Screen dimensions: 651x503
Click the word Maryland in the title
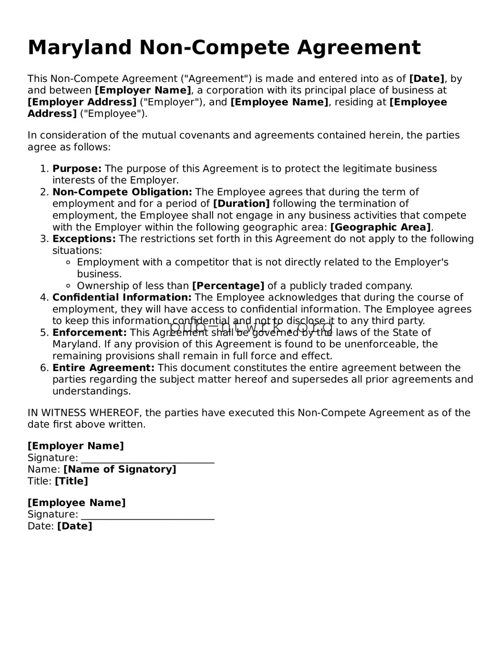pyautogui.click(x=80, y=48)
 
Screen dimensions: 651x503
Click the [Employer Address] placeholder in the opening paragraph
pyautogui.click(x=82, y=102)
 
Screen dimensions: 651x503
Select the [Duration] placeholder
pyautogui.click(x=241, y=204)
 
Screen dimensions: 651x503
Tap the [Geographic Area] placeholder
pyautogui.click(x=380, y=227)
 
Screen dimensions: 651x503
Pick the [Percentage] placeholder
pyautogui.click(x=228, y=286)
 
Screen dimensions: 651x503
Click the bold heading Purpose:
pyautogui.click(x=77, y=168)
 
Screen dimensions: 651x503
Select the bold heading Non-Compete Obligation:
pyautogui.click(x=122, y=192)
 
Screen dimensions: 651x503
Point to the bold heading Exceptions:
pyautogui.click(x=84, y=238)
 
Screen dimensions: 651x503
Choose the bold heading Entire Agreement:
pyautogui.click(x=103, y=368)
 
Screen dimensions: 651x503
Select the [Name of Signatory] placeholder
pyautogui.click(x=120, y=469)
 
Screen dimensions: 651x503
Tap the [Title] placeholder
pyautogui.click(x=72, y=481)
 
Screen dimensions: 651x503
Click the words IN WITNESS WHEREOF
pyautogui.click(x=84, y=413)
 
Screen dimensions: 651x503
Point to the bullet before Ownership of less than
pyautogui.click(x=68, y=286)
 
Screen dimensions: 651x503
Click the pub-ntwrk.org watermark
pyautogui.click(x=251, y=328)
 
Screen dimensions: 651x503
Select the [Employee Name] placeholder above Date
pyautogui.click(x=76, y=503)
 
